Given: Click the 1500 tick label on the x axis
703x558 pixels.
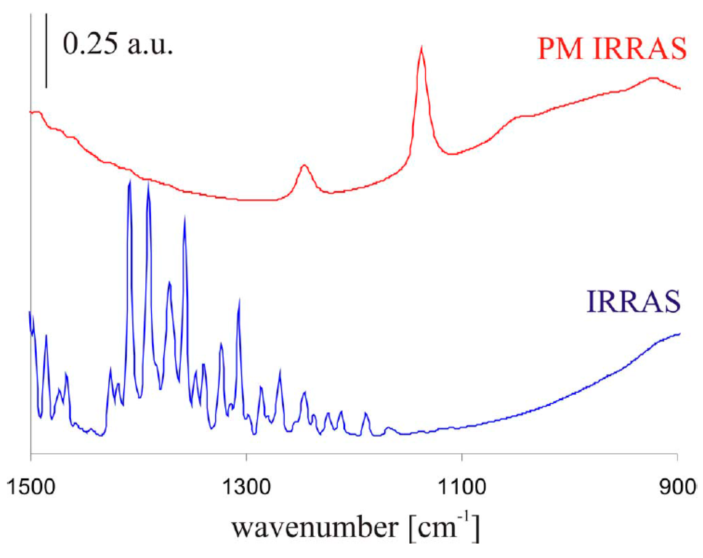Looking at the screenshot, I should (x=30, y=487).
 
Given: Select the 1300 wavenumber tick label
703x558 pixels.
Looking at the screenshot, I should (x=246, y=487).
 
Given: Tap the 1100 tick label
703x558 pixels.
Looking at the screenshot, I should (x=462, y=487).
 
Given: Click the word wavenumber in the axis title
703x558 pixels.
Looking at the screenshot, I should (x=314, y=528).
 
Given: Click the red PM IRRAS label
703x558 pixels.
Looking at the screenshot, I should (x=612, y=49).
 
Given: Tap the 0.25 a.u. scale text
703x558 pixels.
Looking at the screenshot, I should (x=117, y=44).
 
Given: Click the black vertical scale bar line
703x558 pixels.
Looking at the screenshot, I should (x=46, y=51).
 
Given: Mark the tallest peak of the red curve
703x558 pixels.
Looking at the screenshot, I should (x=421, y=48).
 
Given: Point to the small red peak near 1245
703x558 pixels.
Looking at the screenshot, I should (x=304, y=165).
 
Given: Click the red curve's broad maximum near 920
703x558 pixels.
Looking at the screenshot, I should (x=652, y=78).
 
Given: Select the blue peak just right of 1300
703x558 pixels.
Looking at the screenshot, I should (x=239, y=300).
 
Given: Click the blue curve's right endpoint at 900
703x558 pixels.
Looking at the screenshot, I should (x=680, y=334).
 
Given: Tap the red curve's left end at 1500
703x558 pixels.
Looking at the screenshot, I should (x=31, y=112).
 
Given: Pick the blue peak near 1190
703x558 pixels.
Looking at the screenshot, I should (x=366, y=413).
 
